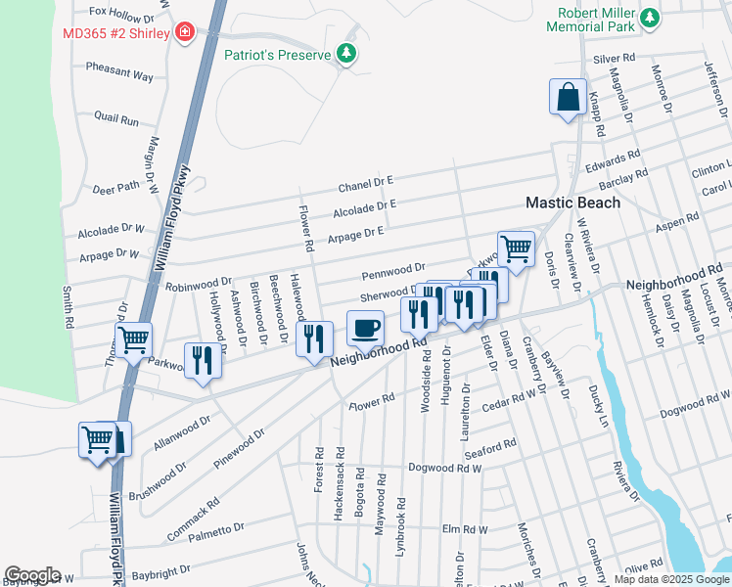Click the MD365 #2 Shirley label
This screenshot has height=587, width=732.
click(117, 32)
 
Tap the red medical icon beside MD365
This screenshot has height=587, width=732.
click(184, 32)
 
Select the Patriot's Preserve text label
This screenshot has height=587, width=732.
click(277, 56)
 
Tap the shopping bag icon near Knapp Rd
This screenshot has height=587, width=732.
click(568, 97)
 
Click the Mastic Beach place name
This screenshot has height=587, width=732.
click(572, 203)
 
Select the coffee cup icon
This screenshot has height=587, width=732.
click(365, 329)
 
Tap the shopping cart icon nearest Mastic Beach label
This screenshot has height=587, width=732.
click(515, 248)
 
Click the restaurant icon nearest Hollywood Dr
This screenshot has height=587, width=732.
click(203, 360)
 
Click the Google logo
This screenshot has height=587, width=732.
click(32, 574)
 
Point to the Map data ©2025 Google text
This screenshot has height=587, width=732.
click(671, 579)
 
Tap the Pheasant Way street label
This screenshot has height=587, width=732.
click(119, 75)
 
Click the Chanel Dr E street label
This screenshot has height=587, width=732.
click(365, 182)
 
